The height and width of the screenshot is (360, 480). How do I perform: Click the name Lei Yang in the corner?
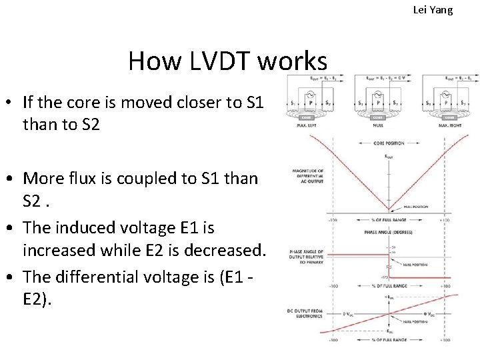(x=433, y=10)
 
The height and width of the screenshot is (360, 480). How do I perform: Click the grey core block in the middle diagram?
(x=377, y=115)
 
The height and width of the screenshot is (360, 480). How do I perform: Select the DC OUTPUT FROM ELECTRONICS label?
(x=306, y=311)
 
